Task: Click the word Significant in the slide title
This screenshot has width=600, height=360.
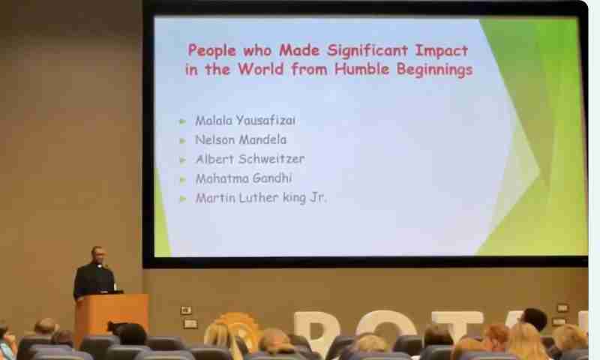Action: [x=367, y=51]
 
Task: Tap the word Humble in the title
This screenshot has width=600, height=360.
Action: [x=361, y=69]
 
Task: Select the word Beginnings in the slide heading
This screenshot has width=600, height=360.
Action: [x=434, y=70]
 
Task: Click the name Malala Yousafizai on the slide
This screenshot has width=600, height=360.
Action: [x=245, y=121]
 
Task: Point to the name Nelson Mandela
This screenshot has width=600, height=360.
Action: [x=241, y=139]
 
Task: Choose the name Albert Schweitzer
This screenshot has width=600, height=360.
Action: [x=250, y=159]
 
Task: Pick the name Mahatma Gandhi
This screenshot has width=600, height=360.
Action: [x=244, y=178]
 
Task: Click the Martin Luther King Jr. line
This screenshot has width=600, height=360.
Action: [x=261, y=198]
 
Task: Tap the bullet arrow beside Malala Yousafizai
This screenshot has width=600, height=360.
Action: [x=182, y=121]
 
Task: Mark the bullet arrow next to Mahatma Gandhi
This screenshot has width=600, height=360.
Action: [x=182, y=179]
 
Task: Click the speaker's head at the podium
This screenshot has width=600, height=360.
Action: [x=97, y=254]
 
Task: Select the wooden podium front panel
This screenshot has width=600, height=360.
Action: [x=112, y=317]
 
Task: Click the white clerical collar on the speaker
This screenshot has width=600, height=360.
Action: [x=99, y=265]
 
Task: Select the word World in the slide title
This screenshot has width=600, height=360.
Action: [x=261, y=69]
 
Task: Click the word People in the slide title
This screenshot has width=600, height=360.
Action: [x=212, y=51]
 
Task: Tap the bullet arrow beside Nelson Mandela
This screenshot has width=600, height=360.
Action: [x=182, y=141]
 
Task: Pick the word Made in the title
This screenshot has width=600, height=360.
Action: [x=299, y=50]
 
